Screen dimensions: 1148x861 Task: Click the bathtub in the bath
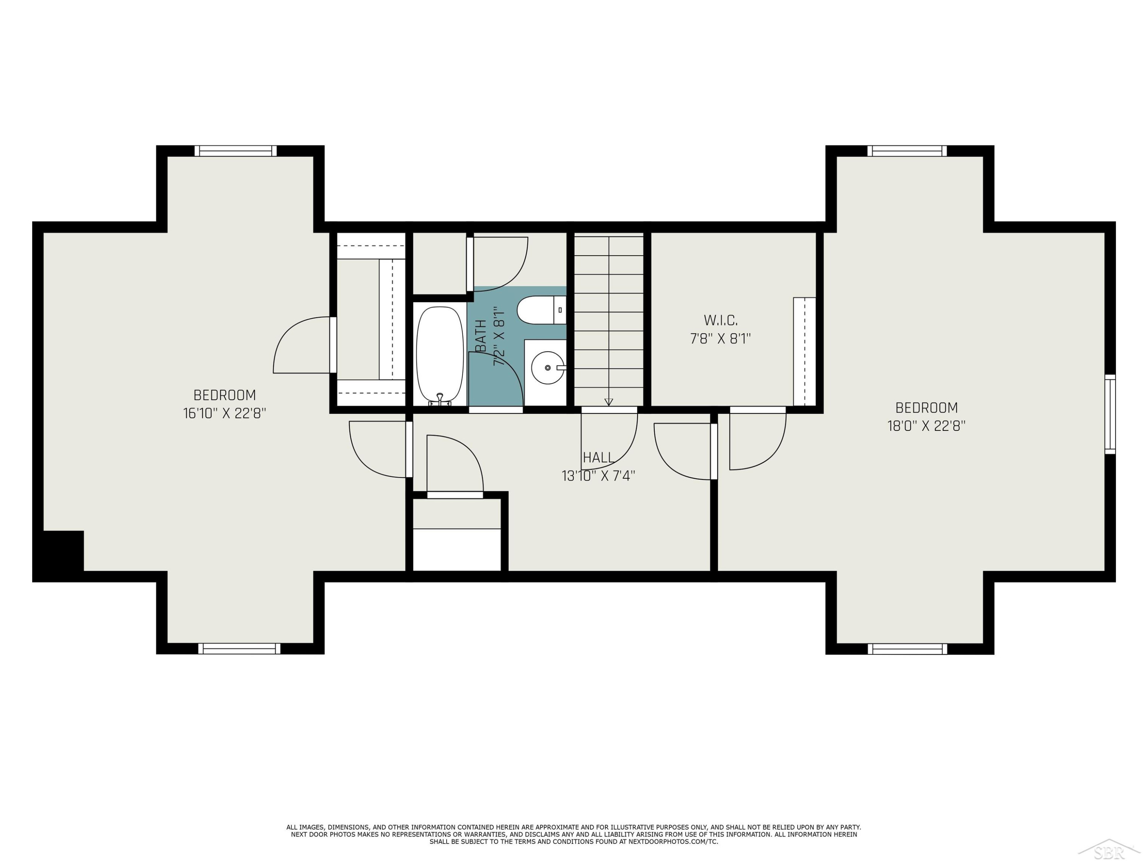point(440,355)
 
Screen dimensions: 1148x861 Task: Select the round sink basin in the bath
point(548,367)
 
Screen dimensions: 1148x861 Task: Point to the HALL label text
point(598,457)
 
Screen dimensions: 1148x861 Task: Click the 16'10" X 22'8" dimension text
point(225,414)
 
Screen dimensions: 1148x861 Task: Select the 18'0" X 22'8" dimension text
point(926,426)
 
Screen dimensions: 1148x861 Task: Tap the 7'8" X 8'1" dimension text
point(720,338)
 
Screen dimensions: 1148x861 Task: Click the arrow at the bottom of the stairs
point(609,402)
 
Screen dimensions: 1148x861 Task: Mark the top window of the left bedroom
point(236,151)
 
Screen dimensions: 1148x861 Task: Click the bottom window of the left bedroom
point(239,649)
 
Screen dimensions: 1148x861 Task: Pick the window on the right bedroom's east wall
point(1110,414)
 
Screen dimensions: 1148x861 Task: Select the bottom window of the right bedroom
point(907,649)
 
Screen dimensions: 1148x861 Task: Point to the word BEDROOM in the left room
point(225,395)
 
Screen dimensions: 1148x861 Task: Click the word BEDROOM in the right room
point(926,408)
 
